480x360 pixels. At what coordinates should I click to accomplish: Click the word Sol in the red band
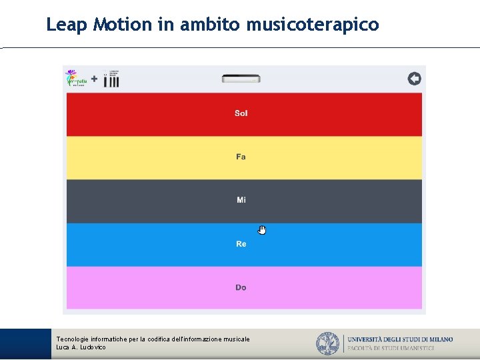(x=241, y=113)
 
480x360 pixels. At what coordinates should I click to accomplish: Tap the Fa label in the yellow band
(x=241, y=157)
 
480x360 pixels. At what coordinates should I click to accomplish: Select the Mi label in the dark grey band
(x=241, y=200)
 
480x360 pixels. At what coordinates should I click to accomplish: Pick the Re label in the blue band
(x=241, y=244)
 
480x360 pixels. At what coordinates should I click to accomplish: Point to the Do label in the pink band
(x=241, y=287)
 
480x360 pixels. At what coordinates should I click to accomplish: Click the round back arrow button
(x=414, y=79)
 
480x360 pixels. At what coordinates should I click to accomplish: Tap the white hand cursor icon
(x=262, y=230)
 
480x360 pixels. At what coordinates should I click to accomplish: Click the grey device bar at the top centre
(x=241, y=79)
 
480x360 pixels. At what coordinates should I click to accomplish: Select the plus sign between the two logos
(x=94, y=79)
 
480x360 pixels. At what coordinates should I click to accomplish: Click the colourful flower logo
(x=74, y=79)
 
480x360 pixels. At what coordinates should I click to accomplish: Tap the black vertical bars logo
(x=112, y=79)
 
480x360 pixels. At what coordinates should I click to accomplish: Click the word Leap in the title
(x=67, y=25)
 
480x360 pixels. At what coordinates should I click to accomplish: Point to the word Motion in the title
(x=123, y=25)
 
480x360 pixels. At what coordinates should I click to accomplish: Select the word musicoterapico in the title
(x=312, y=25)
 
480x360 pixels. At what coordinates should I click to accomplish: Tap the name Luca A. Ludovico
(x=81, y=347)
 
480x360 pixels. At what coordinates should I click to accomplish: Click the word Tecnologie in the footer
(x=73, y=339)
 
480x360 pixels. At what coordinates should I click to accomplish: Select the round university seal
(x=327, y=343)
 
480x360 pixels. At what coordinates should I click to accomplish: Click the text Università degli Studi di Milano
(x=400, y=339)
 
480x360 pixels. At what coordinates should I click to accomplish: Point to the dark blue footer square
(x=25, y=344)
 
